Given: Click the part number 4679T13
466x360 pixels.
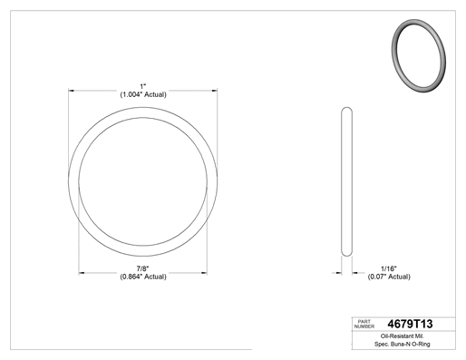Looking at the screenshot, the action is [410, 324].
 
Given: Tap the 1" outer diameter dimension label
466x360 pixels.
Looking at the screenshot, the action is [143, 86].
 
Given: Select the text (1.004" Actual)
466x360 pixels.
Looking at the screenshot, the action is [143, 94].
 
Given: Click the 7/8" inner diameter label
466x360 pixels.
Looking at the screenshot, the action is [142, 268].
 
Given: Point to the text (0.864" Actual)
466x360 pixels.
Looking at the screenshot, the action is [143, 277].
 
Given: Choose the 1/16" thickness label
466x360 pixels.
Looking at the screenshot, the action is [389, 268].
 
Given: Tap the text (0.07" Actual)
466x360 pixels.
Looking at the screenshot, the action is [389, 277].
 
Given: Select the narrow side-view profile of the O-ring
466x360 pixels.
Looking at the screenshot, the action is [346, 181].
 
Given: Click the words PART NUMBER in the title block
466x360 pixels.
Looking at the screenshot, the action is [364, 324].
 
